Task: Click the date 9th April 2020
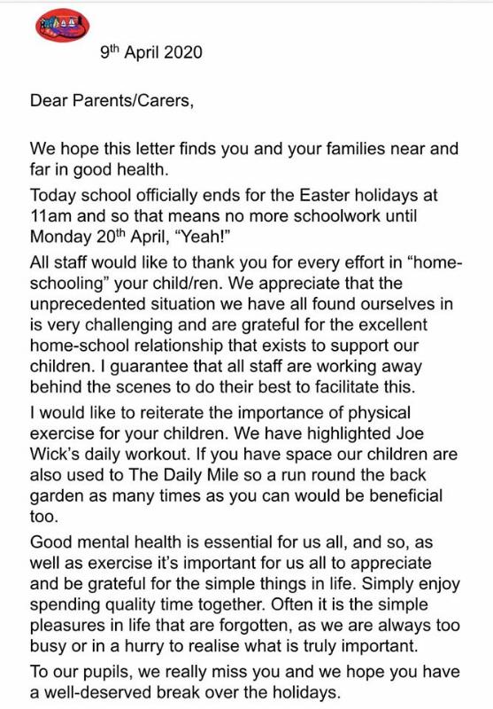tap(151, 52)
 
